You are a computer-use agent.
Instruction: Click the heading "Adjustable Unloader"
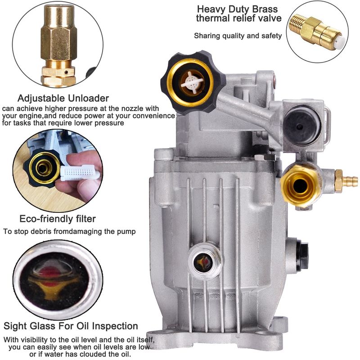point(63,98)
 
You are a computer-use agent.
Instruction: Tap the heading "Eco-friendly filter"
point(58,219)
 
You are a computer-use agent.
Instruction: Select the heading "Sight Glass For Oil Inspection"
point(71,326)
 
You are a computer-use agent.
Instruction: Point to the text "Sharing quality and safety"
point(238,36)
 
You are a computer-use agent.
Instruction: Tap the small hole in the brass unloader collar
point(66,72)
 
